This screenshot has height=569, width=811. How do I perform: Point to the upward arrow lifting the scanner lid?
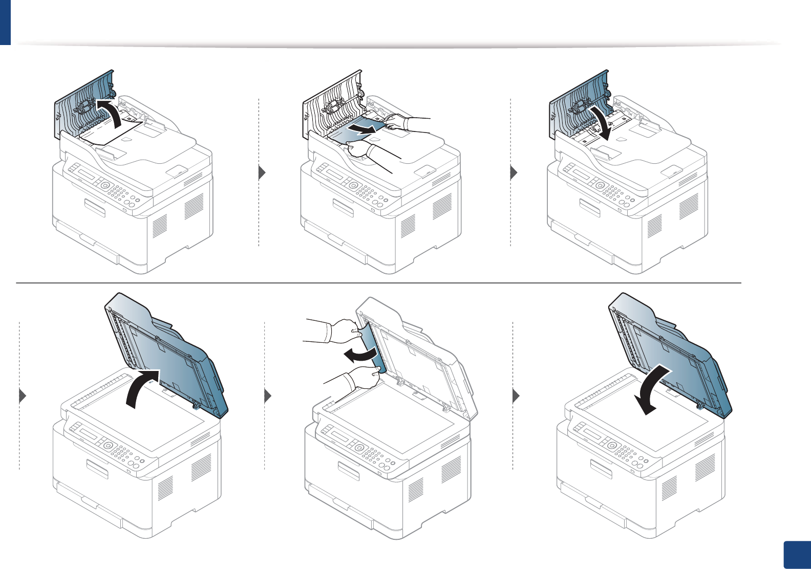pyautogui.click(x=141, y=387)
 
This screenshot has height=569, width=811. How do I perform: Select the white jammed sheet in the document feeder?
pyautogui.click(x=115, y=132)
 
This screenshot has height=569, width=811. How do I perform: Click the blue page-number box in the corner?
pyautogui.click(x=797, y=555)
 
